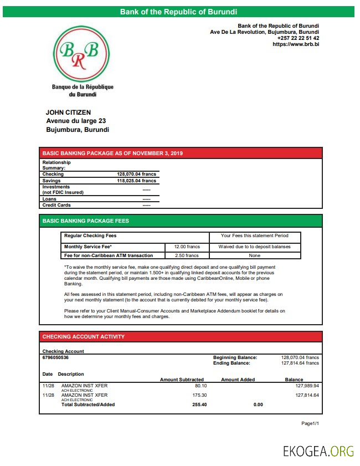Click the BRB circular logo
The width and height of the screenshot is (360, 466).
point(83,54)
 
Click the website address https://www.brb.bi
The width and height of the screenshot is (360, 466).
point(296,44)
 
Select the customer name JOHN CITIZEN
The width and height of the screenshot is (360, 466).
point(68,112)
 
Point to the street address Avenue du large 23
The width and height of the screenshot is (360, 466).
point(76,121)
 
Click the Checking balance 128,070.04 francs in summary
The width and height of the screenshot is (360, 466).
point(137,174)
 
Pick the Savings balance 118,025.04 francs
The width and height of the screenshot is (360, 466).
point(137,181)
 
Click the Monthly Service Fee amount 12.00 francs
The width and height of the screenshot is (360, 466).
point(187,247)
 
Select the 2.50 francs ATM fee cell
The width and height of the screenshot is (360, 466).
point(187,255)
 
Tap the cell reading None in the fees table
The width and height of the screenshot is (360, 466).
point(255,255)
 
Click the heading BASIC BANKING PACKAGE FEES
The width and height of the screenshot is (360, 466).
point(85,221)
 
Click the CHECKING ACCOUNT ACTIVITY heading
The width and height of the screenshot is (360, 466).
point(84,336)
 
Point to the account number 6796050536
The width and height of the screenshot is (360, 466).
point(56,357)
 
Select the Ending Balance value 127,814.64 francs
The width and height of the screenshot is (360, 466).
point(300,363)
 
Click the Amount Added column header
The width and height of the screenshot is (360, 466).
point(238,380)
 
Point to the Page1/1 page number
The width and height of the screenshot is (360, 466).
point(310,423)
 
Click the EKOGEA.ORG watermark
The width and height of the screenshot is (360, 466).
point(318,451)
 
